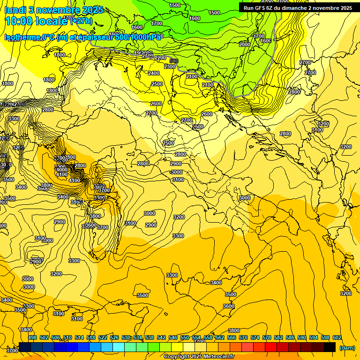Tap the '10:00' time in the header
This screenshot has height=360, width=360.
point(19,22)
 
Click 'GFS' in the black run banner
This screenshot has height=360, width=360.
point(262,8)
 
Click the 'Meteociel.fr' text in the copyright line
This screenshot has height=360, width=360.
point(219,357)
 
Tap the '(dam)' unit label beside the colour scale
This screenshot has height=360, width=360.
point(347,347)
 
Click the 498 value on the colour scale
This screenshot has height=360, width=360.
point(32,338)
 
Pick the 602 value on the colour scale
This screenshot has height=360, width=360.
point(337,338)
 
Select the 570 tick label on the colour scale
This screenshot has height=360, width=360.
point(243,338)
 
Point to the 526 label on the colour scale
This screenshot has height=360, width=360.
point(114,338)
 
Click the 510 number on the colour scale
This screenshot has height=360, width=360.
point(67,338)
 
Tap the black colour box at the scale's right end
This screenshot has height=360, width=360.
point(330,347)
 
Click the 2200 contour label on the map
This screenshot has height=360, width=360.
point(160,58)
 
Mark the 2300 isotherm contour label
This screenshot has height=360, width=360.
point(170,67)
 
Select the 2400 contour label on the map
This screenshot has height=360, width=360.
point(154,73)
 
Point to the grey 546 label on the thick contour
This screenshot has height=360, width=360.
point(174,61)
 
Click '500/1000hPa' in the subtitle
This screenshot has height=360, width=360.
point(139,37)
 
